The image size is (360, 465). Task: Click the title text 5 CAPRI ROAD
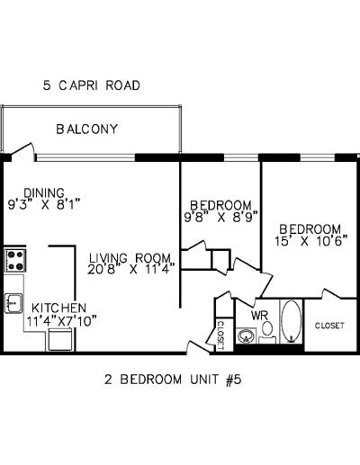(93, 86)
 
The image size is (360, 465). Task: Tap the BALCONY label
(86, 129)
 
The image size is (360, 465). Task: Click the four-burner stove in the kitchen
(15, 261)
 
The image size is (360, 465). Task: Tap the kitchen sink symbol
(13, 303)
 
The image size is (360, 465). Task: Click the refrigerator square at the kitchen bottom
(60, 339)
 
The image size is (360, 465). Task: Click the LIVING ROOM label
(137, 255)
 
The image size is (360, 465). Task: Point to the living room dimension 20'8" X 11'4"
(132, 267)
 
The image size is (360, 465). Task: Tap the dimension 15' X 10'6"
(310, 241)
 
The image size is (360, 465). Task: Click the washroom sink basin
(245, 336)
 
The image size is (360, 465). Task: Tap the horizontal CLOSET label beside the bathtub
(329, 325)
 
